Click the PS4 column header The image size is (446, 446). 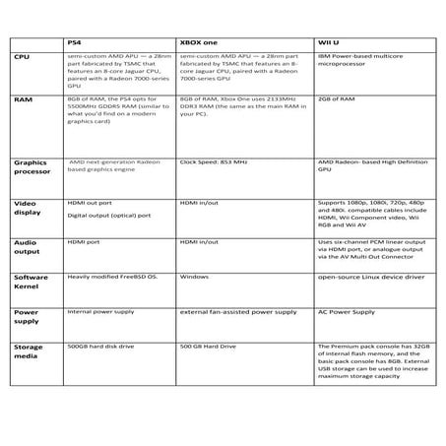point(75,43)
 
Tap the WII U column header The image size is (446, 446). point(329,43)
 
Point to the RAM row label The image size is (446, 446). point(23,99)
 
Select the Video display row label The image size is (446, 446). point(26,208)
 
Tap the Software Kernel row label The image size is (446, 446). point(31,283)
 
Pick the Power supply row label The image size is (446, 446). point(27,317)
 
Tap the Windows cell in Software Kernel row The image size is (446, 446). point(194,277)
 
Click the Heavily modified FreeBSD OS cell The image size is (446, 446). point(112,277)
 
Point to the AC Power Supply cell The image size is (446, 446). point(346,311)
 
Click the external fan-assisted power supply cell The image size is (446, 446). point(237,311)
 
